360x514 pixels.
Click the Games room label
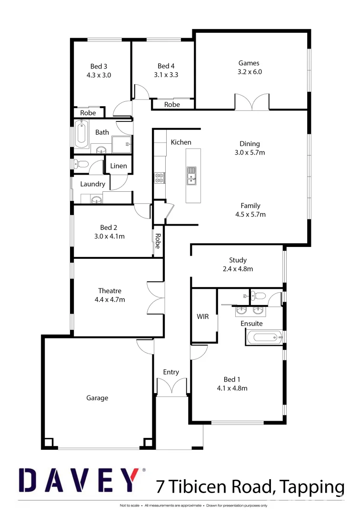point(249,63)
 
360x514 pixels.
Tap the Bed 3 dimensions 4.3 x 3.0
point(99,75)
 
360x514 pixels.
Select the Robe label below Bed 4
point(172,104)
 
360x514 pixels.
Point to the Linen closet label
point(119,166)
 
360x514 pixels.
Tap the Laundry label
point(92,184)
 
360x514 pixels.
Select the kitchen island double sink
point(191,175)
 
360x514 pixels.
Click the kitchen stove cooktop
point(160,178)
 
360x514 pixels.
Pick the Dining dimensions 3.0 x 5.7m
point(250,153)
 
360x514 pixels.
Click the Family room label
point(250,206)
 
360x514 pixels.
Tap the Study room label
point(238,260)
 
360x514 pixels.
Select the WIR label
point(203,316)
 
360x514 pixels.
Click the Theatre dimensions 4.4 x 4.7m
point(110,299)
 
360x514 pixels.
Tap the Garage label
point(97,398)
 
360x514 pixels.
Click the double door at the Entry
point(171,386)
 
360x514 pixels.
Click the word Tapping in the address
point(311,487)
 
